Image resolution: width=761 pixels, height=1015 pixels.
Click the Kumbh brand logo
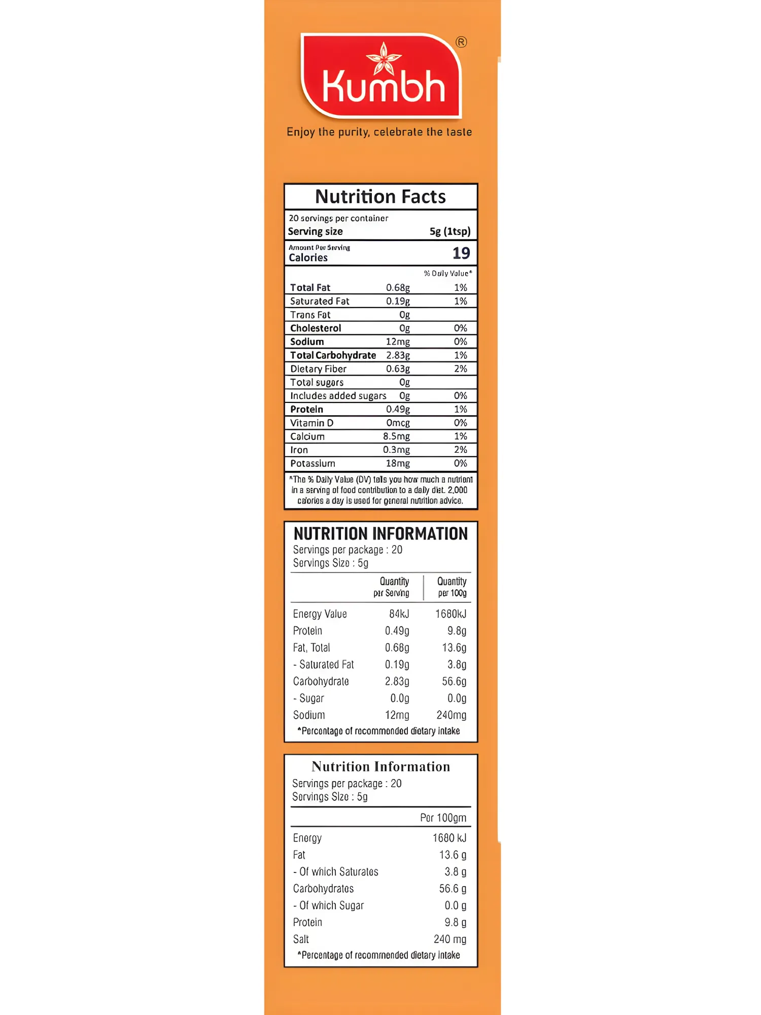(x=382, y=76)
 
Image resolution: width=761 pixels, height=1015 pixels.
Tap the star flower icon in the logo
(x=384, y=58)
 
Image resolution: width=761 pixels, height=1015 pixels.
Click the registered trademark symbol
(x=461, y=42)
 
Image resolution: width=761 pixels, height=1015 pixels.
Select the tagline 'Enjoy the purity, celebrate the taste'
(x=379, y=132)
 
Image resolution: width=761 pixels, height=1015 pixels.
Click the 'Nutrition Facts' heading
(x=380, y=196)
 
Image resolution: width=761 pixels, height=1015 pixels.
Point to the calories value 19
(x=461, y=253)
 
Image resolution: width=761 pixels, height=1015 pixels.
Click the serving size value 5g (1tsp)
(x=450, y=231)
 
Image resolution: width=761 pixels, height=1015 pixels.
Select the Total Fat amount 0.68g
(x=398, y=288)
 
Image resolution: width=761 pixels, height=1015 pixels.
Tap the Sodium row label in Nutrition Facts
(x=307, y=342)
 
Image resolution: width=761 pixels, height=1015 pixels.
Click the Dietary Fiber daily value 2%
(x=460, y=369)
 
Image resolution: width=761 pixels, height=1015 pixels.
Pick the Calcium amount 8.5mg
(x=396, y=436)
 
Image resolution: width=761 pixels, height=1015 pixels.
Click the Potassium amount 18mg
(x=398, y=463)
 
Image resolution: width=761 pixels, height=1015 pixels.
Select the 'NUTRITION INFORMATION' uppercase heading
(x=380, y=534)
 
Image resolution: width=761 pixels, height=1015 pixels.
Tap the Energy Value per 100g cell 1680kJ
(x=451, y=614)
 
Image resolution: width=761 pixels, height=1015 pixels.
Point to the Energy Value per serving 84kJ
(x=399, y=614)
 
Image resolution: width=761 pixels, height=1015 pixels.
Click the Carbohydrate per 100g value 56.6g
(x=454, y=682)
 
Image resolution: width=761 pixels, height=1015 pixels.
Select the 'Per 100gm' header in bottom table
(x=443, y=818)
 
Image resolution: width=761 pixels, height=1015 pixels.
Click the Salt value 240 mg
(x=449, y=939)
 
